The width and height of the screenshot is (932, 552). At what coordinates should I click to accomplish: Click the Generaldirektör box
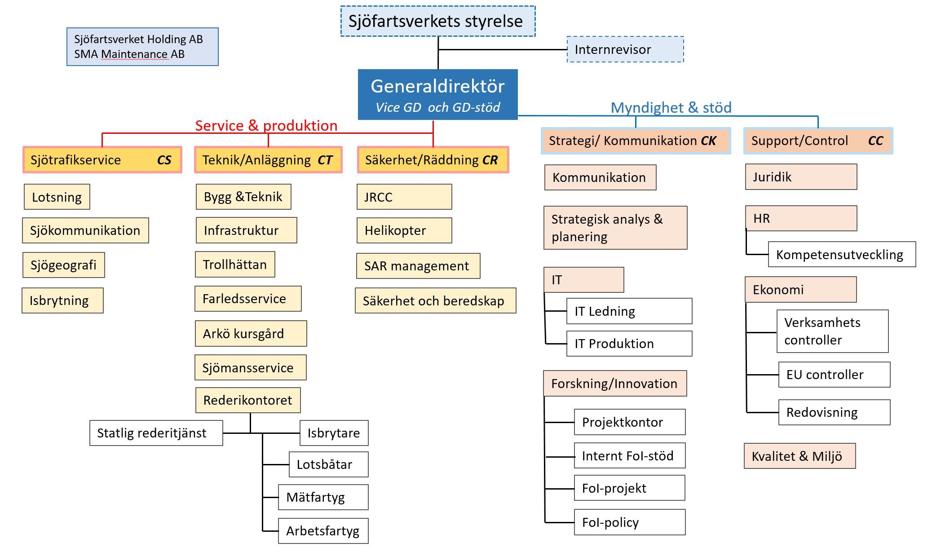[x=437, y=94]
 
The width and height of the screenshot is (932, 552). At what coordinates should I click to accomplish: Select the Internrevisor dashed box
[x=625, y=49]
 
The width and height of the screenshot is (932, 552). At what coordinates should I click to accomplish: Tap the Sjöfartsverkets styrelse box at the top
[x=437, y=21]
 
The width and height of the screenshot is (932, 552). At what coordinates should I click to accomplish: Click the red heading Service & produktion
[x=266, y=126]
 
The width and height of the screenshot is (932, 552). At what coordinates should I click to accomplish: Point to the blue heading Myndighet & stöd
[x=671, y=108]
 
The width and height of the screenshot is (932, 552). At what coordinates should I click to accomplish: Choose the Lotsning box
[x=57, y=197]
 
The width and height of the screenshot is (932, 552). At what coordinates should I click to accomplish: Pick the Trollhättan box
[x=235, y=265]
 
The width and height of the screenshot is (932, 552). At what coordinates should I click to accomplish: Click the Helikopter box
[x=404, y=230]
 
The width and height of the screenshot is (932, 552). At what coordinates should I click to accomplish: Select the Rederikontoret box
[x=248, y=400]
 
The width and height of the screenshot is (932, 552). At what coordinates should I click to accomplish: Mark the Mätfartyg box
[x=323, y=497]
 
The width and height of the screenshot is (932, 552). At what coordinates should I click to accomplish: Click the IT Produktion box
[x=629, y=344]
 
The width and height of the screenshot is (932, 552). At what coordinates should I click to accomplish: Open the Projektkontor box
[x=629, y=422]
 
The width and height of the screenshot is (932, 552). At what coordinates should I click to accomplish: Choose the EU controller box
[x=834, y=375]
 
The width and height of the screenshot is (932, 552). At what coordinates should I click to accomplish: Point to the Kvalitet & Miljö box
[x=799, y=456]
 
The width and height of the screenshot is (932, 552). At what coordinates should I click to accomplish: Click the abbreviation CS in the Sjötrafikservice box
[x=164, y=160]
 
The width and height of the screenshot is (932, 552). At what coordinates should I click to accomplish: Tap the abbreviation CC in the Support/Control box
[x=875, y=141]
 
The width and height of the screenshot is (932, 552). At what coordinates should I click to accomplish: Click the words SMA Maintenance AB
[x=129, y=54]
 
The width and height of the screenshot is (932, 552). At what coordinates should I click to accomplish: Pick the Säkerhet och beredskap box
[x=435, y=301]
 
